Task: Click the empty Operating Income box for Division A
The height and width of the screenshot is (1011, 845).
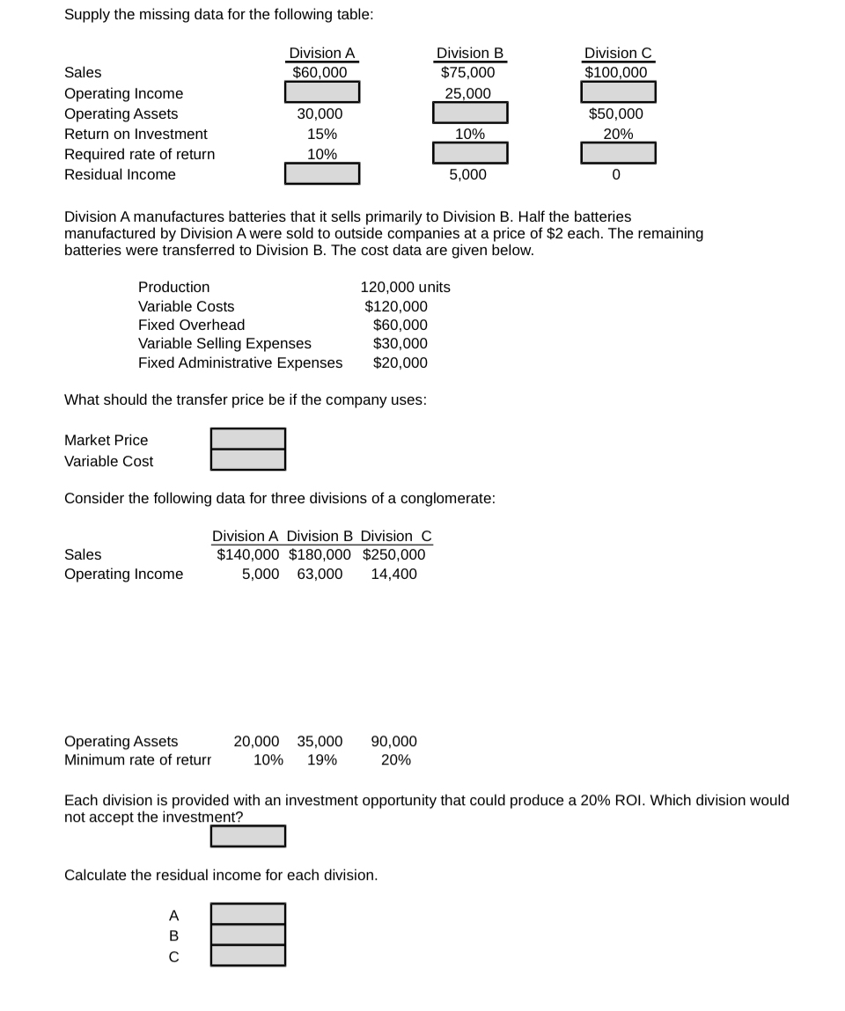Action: click(321, 92)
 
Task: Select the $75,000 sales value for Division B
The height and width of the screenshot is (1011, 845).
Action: click(467, 73)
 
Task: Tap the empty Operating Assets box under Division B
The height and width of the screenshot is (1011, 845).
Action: click(470, 113)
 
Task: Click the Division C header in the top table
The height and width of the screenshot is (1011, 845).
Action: click(618, 53)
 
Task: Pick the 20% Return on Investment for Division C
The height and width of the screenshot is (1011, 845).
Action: click(618, 134)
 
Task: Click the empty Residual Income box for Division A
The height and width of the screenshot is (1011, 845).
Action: click(321, 174)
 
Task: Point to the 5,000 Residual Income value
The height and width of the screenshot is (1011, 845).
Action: click(467, 174)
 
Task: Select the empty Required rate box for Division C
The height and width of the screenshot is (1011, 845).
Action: click(618, 153)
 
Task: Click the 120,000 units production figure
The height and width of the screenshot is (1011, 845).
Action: click(405, 287)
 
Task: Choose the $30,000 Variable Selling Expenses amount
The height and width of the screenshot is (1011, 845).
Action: click(400, 343)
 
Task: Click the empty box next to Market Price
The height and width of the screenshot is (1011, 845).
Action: click(247, 439)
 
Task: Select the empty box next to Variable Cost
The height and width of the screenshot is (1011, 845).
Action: click(247, 459)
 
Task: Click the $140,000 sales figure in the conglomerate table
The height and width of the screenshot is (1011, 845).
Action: click(248, 554)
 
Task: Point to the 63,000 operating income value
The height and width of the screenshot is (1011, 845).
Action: click(320, 574)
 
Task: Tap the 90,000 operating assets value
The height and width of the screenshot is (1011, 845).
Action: click(394, 742)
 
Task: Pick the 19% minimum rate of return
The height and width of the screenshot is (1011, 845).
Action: click(322, 760)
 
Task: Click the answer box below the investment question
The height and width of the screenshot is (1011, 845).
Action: click(247, 836)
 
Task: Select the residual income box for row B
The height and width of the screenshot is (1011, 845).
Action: click(247, 934)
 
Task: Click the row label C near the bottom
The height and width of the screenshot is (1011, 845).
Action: click(173, 956)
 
